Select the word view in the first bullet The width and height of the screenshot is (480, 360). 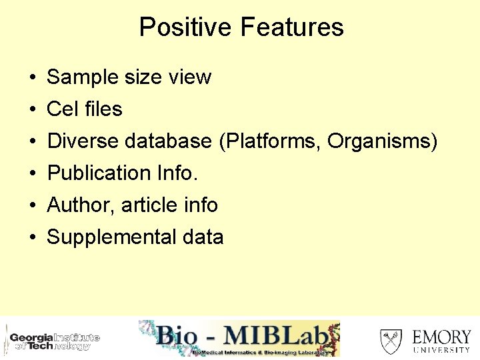[190, 77]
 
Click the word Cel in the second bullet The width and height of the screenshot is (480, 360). [62, 109]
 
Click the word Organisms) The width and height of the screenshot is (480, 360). [383, 141]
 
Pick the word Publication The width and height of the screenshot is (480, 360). [99, 173]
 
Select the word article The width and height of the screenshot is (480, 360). [153, 205]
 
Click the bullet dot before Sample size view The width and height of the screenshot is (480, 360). [32, 78]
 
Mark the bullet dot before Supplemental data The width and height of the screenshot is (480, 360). [32, 238]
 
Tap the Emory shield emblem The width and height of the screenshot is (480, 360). [391, 341]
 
